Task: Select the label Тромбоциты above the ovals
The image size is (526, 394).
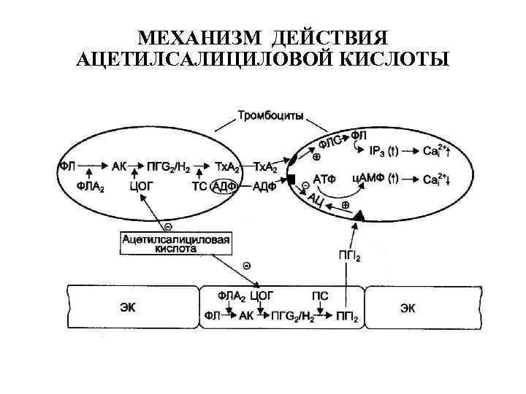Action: [x=270, y=116]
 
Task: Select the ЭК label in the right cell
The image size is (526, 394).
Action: [x=407, y=307]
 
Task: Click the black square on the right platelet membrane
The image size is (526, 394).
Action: [x=290, y=179]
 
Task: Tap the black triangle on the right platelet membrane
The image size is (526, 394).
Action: [x=359, y=216]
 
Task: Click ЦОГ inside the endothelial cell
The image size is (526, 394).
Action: [x=261, y=295]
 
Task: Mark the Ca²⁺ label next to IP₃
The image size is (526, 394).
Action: [x=434, y=152]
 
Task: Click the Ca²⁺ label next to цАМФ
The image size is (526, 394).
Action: [x=434, y=179]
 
